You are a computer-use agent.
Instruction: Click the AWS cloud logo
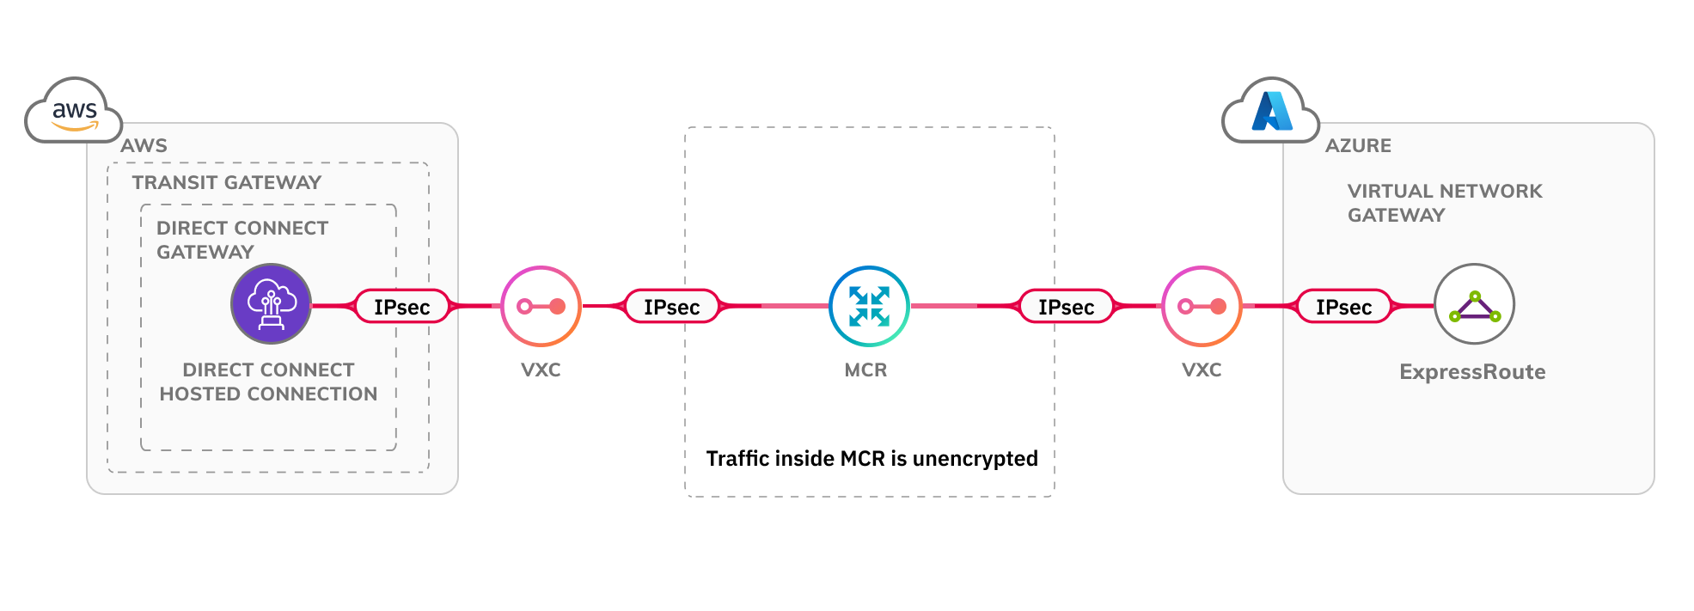tap(74, 112)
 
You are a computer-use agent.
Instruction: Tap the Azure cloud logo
tap(1271, 112)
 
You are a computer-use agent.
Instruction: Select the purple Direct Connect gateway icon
tap(271, 304)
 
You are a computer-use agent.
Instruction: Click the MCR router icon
tap(869, 306)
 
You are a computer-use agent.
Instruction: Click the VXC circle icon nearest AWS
tap(541, 306)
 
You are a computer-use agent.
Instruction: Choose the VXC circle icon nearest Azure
tap(1202, 306)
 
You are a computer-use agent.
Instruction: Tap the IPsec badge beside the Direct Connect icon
tap(401, 307)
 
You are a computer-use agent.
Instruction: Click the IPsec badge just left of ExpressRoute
tap(1343, 307)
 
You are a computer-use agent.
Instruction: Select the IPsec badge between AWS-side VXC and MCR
tap(671, 307)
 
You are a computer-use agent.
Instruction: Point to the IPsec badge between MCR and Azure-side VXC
tap(1066, 307)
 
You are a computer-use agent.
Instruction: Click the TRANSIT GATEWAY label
tap(227, 182)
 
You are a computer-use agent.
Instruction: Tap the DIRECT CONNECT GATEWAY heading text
tap(242, 240)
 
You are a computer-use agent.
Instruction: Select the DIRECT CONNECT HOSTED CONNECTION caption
tap(268, 382)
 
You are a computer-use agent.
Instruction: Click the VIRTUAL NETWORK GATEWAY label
tap(1444, 203)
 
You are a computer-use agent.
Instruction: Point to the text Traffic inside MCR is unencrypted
tap(871, 458)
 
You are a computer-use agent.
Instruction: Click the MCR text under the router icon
tap(865, 370)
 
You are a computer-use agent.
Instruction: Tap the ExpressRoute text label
tap(1472, 372)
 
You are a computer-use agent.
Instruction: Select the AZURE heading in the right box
tap(1358, 146)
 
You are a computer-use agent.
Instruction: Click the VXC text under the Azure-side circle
tap(1202, 370)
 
